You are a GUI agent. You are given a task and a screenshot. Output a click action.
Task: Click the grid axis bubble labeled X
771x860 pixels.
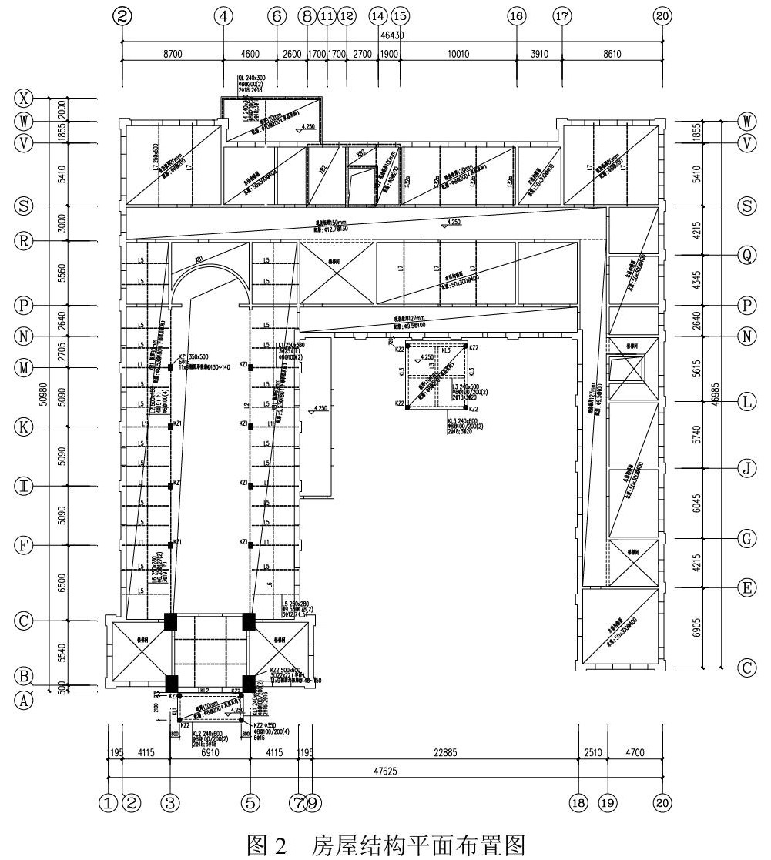25,99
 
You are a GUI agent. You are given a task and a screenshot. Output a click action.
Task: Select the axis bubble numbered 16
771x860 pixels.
516,15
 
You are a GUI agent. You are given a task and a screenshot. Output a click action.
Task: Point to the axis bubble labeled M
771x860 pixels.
25,367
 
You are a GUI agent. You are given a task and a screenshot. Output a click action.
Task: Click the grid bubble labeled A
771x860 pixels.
25,699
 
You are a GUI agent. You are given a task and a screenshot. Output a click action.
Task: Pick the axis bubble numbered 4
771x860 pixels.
224,15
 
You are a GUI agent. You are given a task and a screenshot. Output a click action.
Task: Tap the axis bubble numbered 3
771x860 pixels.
170,802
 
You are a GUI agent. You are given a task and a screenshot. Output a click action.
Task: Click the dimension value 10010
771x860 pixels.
458,54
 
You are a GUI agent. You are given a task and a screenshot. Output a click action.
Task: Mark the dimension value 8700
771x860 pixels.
173,54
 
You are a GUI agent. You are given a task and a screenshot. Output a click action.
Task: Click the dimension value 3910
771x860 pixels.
539,54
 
